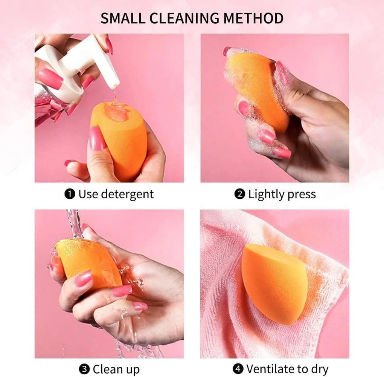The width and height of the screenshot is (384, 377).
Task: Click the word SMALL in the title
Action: click(122, 18)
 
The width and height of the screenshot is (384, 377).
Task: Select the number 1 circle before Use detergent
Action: click(70, 194)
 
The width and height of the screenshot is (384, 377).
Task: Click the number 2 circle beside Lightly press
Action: click(239, 194)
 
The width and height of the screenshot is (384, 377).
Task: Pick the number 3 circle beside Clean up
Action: click(84, 369)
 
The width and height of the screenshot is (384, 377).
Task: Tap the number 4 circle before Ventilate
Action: click(238, 369)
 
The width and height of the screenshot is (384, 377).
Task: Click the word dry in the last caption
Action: click(320, 369)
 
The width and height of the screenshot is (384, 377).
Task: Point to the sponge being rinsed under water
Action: click(88, 262)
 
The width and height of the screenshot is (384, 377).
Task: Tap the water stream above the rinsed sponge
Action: click(73, 223)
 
